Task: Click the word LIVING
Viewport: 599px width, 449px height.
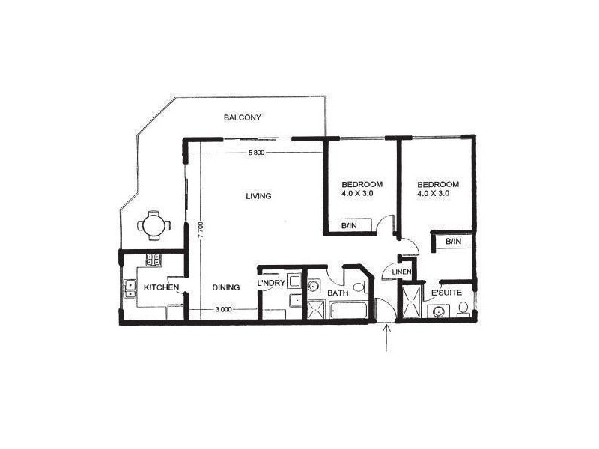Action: point(258,196)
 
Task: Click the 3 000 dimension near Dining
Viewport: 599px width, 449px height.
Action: point(222,310)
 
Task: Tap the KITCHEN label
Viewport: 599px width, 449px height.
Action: point(161,287)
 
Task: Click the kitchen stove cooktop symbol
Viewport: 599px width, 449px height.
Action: point(154,260)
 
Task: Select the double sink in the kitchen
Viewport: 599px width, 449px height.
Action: point(130,289)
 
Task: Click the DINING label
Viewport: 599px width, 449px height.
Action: point(225,287)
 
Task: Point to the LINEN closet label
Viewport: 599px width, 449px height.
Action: point(398,271)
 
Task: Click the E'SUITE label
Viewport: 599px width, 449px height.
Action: point(446,291)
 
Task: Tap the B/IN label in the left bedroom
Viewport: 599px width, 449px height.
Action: point(348,224)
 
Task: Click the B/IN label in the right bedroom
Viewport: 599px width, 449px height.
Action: point(453,241)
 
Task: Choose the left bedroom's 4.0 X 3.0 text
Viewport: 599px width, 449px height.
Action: point(358,193)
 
